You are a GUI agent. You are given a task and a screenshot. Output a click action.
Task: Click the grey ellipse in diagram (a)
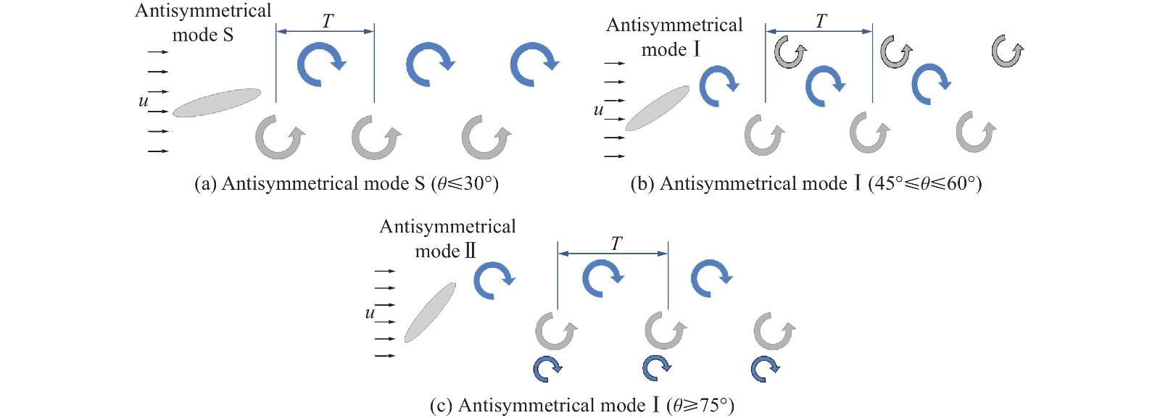tap(216, 103)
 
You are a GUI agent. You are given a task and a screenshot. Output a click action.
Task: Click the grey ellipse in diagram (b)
tap(658, 109)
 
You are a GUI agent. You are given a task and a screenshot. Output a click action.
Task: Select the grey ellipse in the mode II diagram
tap(430, 312)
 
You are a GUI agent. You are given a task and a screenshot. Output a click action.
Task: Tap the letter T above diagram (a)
tap(328, 22)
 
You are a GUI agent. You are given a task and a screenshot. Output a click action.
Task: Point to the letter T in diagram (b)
tap(821, 22)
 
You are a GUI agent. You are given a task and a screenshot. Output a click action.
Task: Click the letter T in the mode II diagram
tap(616, 244)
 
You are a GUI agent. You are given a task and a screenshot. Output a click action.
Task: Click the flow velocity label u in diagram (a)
tap(144, 101)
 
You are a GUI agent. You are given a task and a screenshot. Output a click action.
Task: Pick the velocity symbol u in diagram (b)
tap(598, 110)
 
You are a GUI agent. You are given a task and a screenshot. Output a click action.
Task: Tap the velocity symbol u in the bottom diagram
tap(370, 313)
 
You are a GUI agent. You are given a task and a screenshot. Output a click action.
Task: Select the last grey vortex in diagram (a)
tap(486, 137)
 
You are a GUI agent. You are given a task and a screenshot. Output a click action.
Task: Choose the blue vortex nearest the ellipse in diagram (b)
tap(718, 86)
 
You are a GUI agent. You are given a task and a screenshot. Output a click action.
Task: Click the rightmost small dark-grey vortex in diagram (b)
tap(1006, 51)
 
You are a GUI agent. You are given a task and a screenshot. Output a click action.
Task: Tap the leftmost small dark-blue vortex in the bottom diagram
tap(547, 368)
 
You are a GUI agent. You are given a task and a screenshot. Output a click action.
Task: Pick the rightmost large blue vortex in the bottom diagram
tap(710, 279)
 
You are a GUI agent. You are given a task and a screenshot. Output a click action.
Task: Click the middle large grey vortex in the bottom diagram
tap(664, 330)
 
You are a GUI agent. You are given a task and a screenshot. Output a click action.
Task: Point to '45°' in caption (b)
tap(884, 184)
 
